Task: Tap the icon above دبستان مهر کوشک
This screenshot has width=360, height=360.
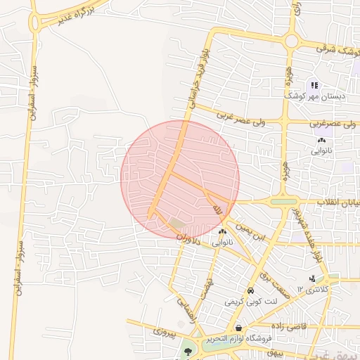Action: (x=315, y=84)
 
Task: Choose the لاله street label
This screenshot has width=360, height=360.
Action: (x=217, y=209)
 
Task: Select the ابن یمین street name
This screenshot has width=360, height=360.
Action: (x=252, y=233)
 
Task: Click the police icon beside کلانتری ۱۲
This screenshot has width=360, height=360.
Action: (x=311, y=278)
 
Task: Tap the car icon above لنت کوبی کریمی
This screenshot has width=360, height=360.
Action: (x=250, y=291)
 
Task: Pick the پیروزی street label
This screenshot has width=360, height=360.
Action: (x=167, y=328)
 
